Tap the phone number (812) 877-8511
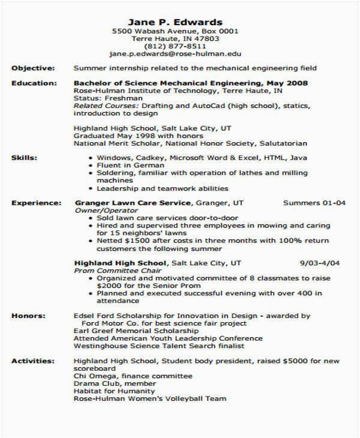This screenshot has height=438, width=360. [x=176, y=46]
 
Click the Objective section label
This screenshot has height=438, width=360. [x=33, y=68]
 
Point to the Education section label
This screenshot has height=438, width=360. [x=34, y=83]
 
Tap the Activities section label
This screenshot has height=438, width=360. [x=33, y=361]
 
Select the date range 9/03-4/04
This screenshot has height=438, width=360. [x=320, y=263]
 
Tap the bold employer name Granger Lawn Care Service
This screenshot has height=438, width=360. [x=133, y=203]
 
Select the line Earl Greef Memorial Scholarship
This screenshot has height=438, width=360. [x=136, y=331]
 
